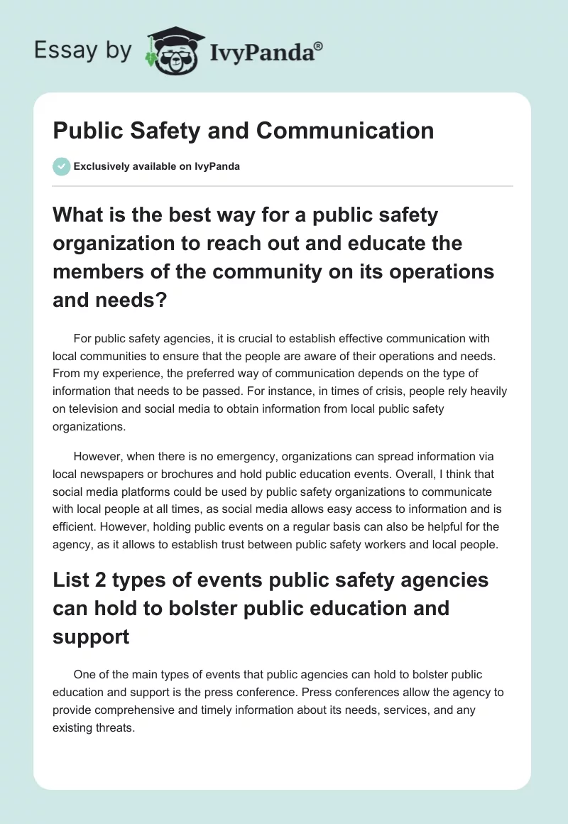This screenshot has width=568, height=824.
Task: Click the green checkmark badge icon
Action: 62,166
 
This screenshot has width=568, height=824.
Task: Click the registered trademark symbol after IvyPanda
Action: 319,45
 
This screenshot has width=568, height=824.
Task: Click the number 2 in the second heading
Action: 97,580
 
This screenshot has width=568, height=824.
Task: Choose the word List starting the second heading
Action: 70,580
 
